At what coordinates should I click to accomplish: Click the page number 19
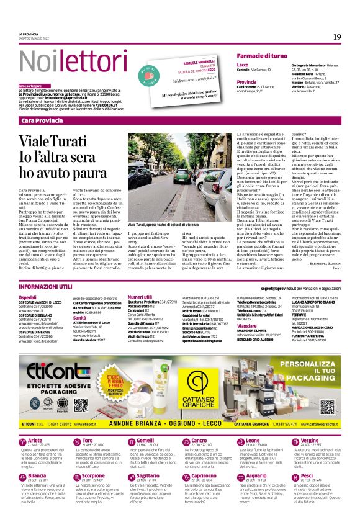pos(337,37)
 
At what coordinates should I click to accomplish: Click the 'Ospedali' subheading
pos(27,297)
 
